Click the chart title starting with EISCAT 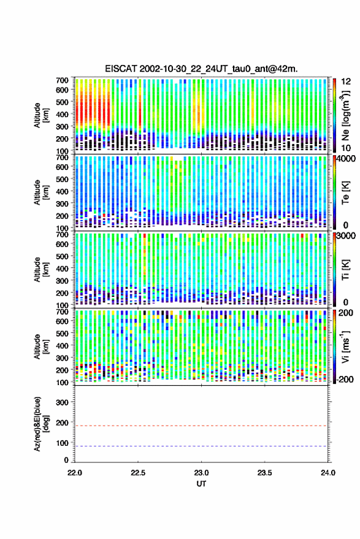coord(202,69)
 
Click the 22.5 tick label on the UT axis coord(138,473)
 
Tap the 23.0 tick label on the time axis coord(202,473)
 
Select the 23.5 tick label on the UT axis coord(264,473)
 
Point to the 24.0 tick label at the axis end coord(328,473)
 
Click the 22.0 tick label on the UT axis coord(75,473)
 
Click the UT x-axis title coord(202,484)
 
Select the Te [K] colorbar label coord(345,193)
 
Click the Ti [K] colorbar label coord(345,270)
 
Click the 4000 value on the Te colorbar coord(346,159)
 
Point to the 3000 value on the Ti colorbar coord(346,236)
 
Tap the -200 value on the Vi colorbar coord(345,380)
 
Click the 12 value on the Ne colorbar coord(347,82)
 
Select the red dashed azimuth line coord(202,426)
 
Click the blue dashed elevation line coord(202,446)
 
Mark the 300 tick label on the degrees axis coord(62,402)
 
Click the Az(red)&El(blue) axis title coord(40,424)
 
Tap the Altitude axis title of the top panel coord(40,115)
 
